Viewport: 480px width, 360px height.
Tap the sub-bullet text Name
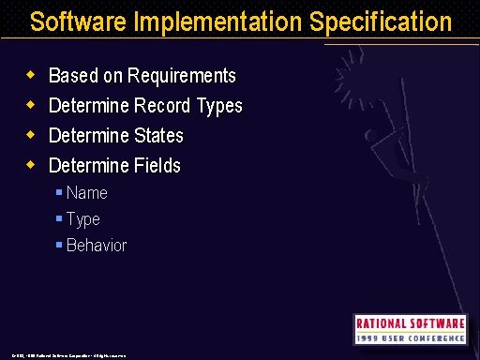pos(87,193)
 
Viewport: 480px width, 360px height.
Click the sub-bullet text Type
pos(83,219)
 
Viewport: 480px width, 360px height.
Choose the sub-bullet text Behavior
pos(97,246)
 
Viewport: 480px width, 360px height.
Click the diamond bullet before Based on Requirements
pos(30,75)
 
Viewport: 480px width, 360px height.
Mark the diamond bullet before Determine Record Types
pos(30,105)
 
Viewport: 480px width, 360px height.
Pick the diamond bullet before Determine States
pos(30,135)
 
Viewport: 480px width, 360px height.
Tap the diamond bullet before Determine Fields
pos(30,165)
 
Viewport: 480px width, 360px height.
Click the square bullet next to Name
pos(59,193)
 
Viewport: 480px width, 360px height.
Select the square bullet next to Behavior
pos(59,246)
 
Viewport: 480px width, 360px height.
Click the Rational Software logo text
pos(410,322)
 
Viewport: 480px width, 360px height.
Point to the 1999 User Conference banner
pos(410,337)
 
